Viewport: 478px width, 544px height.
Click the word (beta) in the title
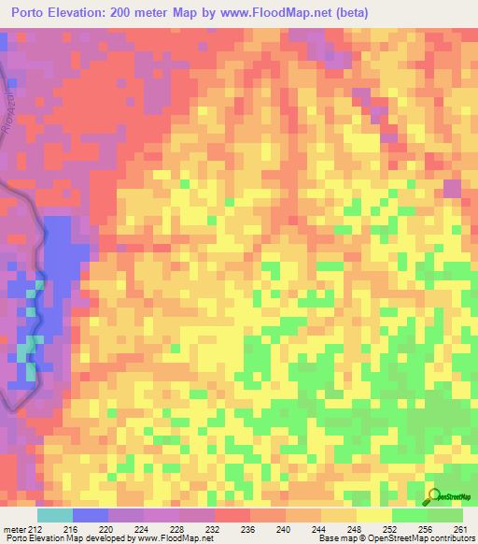[349, 13]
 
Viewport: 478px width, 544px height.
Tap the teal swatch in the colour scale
[55, 515]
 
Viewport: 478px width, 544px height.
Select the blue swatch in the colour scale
[91, 515]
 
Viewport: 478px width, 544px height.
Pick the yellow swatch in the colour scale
[374, 515]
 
